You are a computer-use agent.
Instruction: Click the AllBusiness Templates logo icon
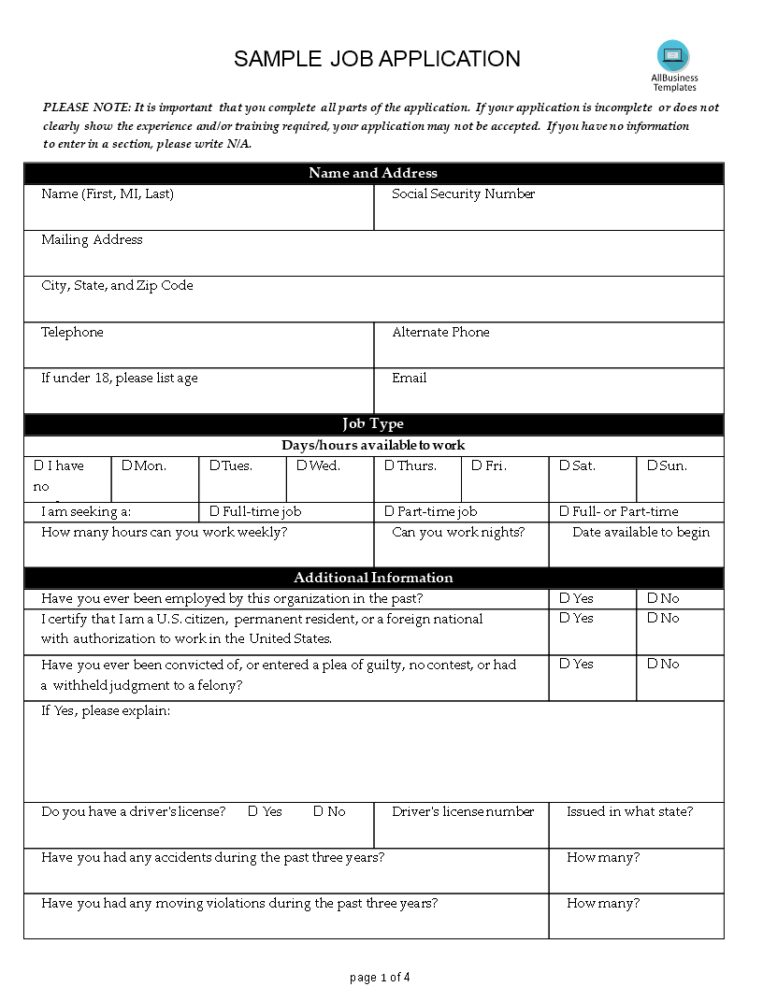[673, 56]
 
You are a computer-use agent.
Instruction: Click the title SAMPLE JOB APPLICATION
[377, 59]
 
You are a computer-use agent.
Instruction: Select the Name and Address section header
[373, 173]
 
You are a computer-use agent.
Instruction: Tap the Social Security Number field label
[463, 194]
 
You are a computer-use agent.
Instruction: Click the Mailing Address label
[92, 240]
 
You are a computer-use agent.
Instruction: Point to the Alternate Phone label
[440, 333]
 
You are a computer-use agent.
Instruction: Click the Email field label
[409, 379]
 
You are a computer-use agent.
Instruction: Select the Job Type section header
[373, 424]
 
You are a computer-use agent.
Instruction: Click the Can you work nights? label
[458, 533]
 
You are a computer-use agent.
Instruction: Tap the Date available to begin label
[641, 533]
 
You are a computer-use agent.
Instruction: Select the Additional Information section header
[373, 578]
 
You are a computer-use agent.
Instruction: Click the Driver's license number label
[463, 812]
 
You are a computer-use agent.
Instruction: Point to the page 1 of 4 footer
[380, 978]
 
